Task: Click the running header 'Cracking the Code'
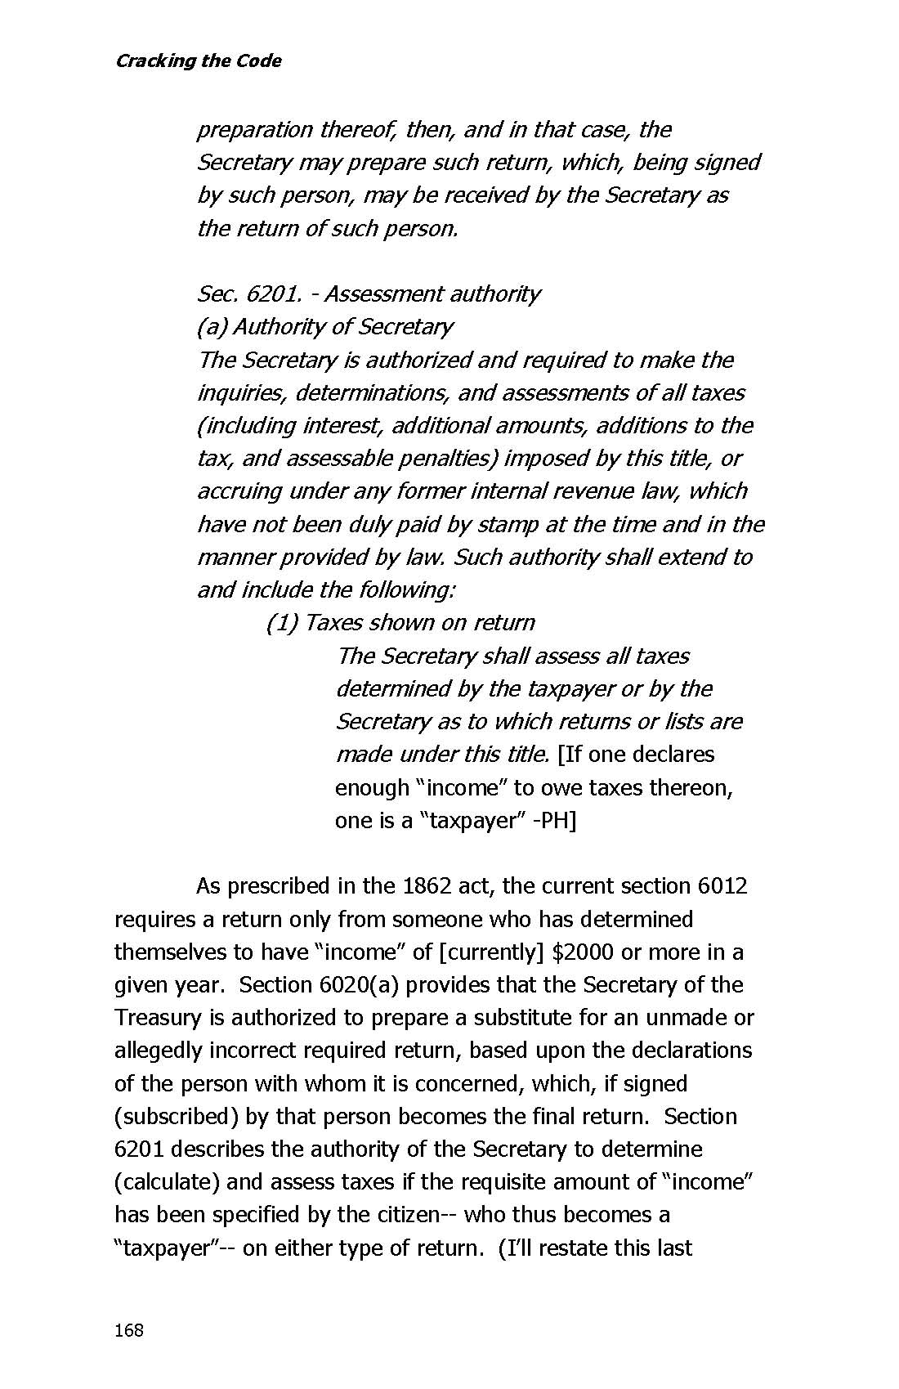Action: [x=199, y=61]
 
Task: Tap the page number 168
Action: [x=129, y=1330]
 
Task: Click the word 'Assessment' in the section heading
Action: [x=378, y=294]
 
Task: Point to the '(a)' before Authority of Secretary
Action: [x=212, y=327]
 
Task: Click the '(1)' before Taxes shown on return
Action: [x=282, y=623]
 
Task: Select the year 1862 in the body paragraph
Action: [x=426, y=886]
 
